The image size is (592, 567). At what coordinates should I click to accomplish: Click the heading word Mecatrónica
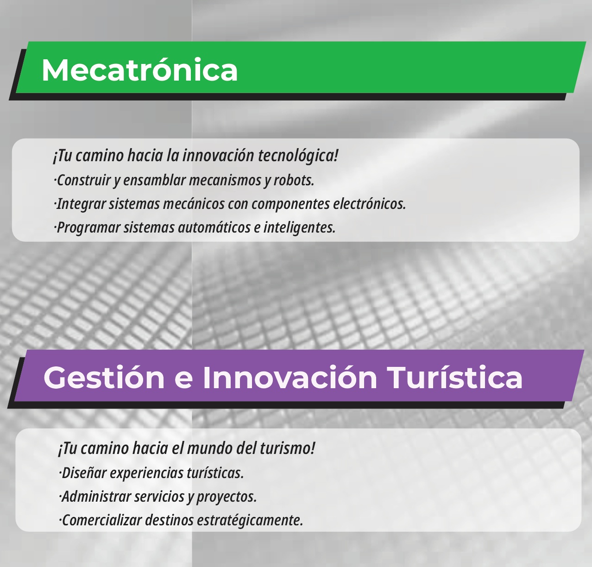(139, 70)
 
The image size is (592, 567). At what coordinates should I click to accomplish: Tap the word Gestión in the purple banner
(104, 378)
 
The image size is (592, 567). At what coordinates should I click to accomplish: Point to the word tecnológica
(298, 156)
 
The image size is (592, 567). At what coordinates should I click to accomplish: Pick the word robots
(294, 180)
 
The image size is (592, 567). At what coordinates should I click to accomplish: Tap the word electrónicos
(369, 204)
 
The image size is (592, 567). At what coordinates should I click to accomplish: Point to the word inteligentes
(299, 228)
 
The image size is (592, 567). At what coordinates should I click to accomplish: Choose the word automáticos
(214, 227)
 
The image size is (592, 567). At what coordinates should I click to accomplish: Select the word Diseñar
(84, 473)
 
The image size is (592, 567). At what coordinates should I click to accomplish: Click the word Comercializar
(101, 520)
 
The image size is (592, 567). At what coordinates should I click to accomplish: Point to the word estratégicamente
(250, 521)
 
